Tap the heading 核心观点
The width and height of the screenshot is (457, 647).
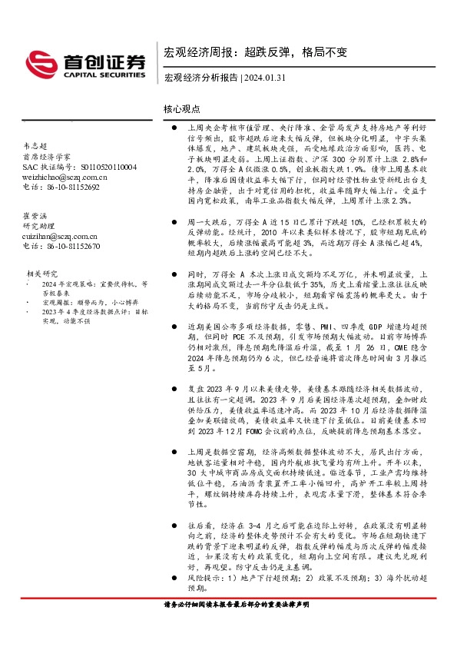click(183, 110)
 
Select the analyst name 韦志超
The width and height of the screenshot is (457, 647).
click(35, 145)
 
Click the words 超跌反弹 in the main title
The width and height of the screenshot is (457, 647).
click(248, 53)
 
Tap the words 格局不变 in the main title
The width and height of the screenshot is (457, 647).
click(325, 53)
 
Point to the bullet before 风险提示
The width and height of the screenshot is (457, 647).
click(175, 574)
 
